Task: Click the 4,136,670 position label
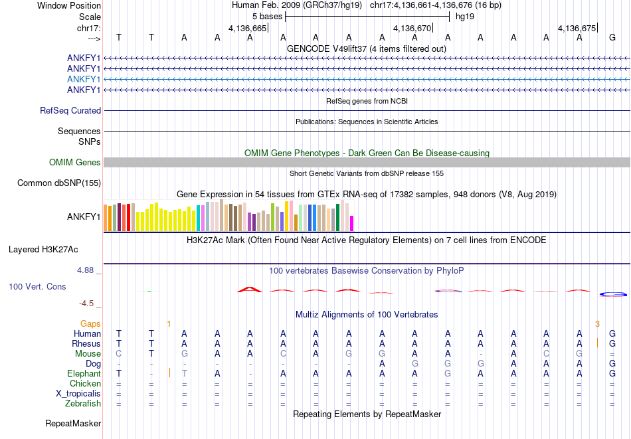pyautogui.click(x=412, y=28)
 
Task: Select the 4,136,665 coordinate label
pyautogui.click(x=247, y=28)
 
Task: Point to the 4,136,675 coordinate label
pyautogui.click(x=577, y=28)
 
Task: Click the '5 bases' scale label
pyautogui.click(x=266, y=17)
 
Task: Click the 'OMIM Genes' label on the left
pyautogui.click(x=75, y=163)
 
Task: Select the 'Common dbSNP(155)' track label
pyautogui.click(x=59, y=183)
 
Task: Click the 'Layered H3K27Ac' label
pyautogui.click(x=43, y=250)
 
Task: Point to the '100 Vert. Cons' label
pyautogui.click(x=37, y=287)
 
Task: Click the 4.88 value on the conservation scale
pyautogui.click(x=86, y=270)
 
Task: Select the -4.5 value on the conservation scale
pyautogui.click(x=86, y=304)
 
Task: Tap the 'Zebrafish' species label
pyautogui.click(x=83, y=404)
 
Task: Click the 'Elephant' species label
pyautogui.click(x=83, y=374)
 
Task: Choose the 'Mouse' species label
pyautogui.click(x=88, y=354)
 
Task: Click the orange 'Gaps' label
pyautogui.click(x=91, y=324)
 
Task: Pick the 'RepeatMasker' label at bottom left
pyautogui.click(x=73, y=423)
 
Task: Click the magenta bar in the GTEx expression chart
pyautogui.click(x=352, y=224)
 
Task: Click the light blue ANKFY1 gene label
pyautogui.click(x=84, y=79)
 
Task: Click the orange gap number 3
pyautogui.click(x=597, y=324)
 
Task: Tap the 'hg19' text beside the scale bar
pyautogui.click(x=465, y=17)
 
